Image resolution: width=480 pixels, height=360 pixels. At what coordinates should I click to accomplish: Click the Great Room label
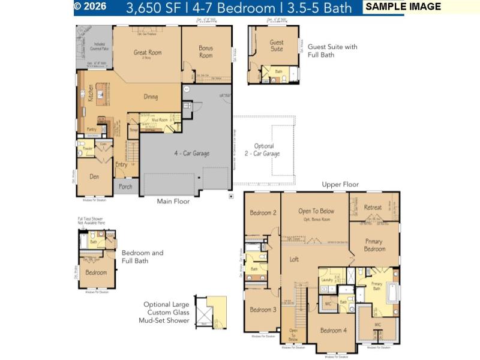point(148,53)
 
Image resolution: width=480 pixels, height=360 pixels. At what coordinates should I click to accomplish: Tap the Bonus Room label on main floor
point(206,52)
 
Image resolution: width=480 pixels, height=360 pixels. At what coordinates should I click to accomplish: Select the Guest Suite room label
point(277,46)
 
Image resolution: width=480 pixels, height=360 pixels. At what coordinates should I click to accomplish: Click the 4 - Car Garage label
point(192,154)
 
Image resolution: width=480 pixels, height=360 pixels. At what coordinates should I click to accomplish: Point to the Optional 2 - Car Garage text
point(264,149)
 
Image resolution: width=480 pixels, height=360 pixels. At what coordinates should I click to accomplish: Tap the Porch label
point(125,187)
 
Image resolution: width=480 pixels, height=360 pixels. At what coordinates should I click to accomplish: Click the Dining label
point(151,97)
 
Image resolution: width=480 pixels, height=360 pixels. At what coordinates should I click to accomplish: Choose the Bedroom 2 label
point(263,213)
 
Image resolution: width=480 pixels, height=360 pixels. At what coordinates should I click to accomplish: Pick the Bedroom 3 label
point(263,310)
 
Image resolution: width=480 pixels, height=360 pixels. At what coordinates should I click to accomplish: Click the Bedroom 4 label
point(333,331)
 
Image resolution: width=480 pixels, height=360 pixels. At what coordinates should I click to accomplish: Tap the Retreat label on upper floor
point(373,208)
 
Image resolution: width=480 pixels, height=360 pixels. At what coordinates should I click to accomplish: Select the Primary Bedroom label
point(374,245)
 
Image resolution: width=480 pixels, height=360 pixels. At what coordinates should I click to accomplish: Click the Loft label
point(295,259)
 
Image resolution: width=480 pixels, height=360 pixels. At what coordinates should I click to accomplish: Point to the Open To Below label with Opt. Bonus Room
point(316,211)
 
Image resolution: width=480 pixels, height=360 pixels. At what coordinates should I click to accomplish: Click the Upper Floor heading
point(340,184)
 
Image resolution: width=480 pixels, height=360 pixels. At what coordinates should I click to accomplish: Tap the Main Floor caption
point(173,202)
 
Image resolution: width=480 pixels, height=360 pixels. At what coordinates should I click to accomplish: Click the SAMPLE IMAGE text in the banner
point(403,7)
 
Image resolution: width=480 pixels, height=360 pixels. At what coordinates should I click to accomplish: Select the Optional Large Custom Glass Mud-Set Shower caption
point(166,312)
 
